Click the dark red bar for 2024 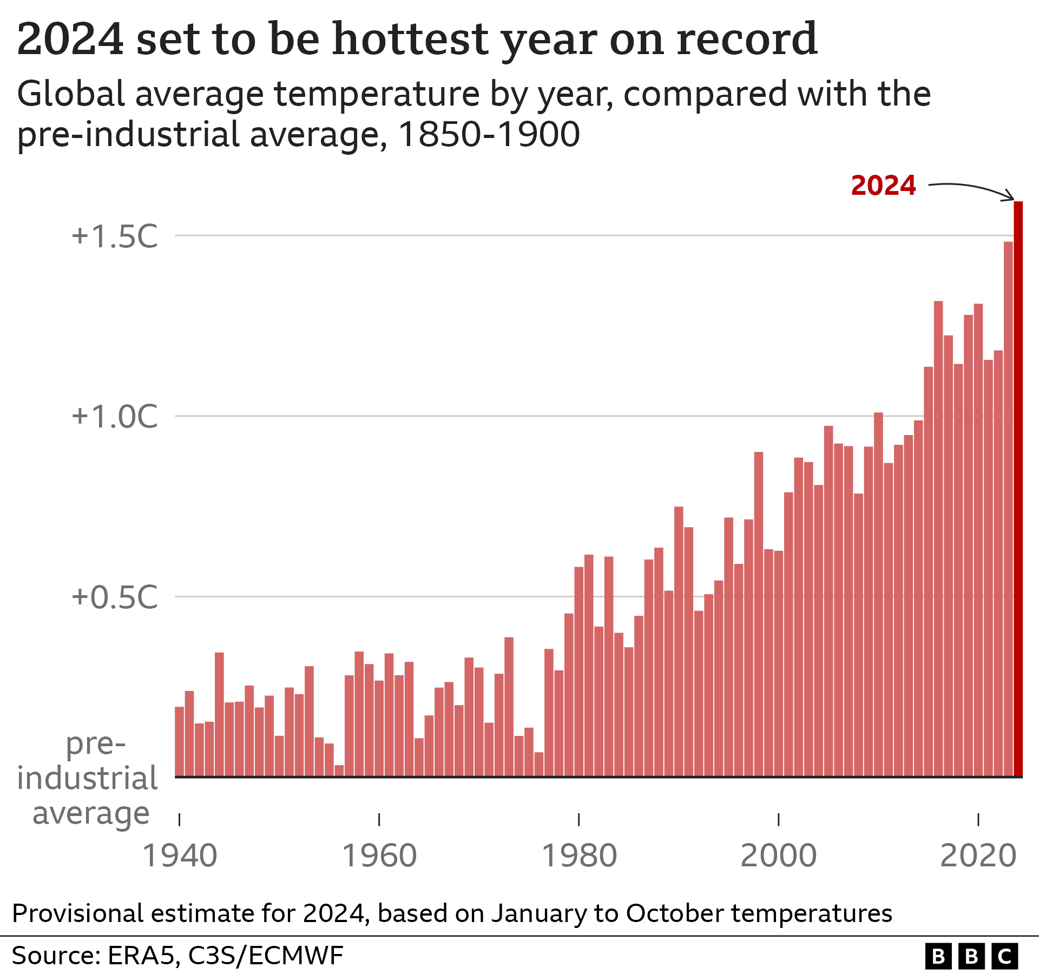[1018, 487]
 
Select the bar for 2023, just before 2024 [1008, 509]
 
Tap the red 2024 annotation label [883, 186]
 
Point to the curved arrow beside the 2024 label [971, 189]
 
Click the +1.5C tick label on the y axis [115, 236]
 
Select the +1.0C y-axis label [115, 417]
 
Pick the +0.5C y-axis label [115, 597]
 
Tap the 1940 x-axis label [179, 857]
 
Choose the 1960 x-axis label [379, 857]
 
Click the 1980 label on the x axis [579, 857]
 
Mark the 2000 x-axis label [778, 857]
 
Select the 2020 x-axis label [978, 857]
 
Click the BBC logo [971, 956]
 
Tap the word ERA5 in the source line [143, 956]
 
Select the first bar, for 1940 [179, 741]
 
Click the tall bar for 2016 [938, 541]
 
